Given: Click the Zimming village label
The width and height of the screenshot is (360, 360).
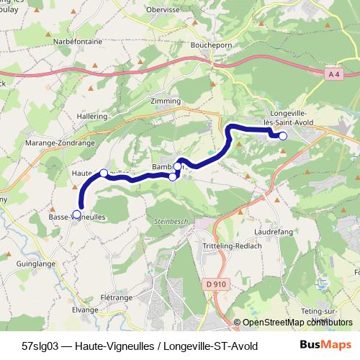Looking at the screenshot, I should [x=166, y=102].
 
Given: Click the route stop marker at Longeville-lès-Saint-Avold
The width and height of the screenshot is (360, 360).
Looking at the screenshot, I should [x=283, y=136].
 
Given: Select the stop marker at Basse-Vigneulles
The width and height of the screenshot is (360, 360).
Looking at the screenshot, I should [x=77, y=214].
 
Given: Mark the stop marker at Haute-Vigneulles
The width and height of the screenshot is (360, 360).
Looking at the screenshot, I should [x=104, y=173].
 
